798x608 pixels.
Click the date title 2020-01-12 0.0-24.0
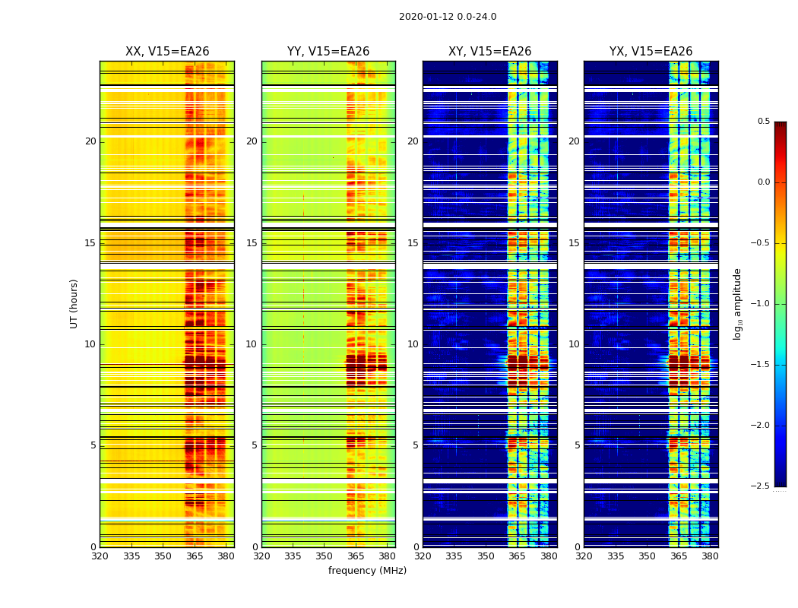pyautogui.click(x=448, y=17)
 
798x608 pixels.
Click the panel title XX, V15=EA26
pyautogui.click(x=167, y=52)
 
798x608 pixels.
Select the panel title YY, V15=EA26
pyautogui.click(x=328, y=52)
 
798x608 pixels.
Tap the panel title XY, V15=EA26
pyautogui.click(x=489, y=52)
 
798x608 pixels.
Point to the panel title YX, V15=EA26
pyautogui.click(x=651, y=52)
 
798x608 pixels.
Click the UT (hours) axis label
pyautogui.click(x=74, y=303)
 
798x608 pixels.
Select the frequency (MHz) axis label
pyautogui.click(x=367, y=571)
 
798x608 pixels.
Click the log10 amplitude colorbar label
pyautogui.click(x=737, y=303)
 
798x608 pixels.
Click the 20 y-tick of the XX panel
pyautogui.click(x=90, y=141)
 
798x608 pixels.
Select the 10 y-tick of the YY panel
pyautogui.click(x=252, y=344)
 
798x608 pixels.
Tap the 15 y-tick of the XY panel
pyautogui.click(x=413, y=243)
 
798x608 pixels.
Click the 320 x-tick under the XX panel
pyautogui.click(x=100, y=556)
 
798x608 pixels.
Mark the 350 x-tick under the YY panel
pyautogui.click(x=325, y=556)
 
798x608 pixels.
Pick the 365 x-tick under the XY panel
pyautogui.click(x=517, y=556)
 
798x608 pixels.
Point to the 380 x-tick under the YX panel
pyautogui.click(x=710, y=556)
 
